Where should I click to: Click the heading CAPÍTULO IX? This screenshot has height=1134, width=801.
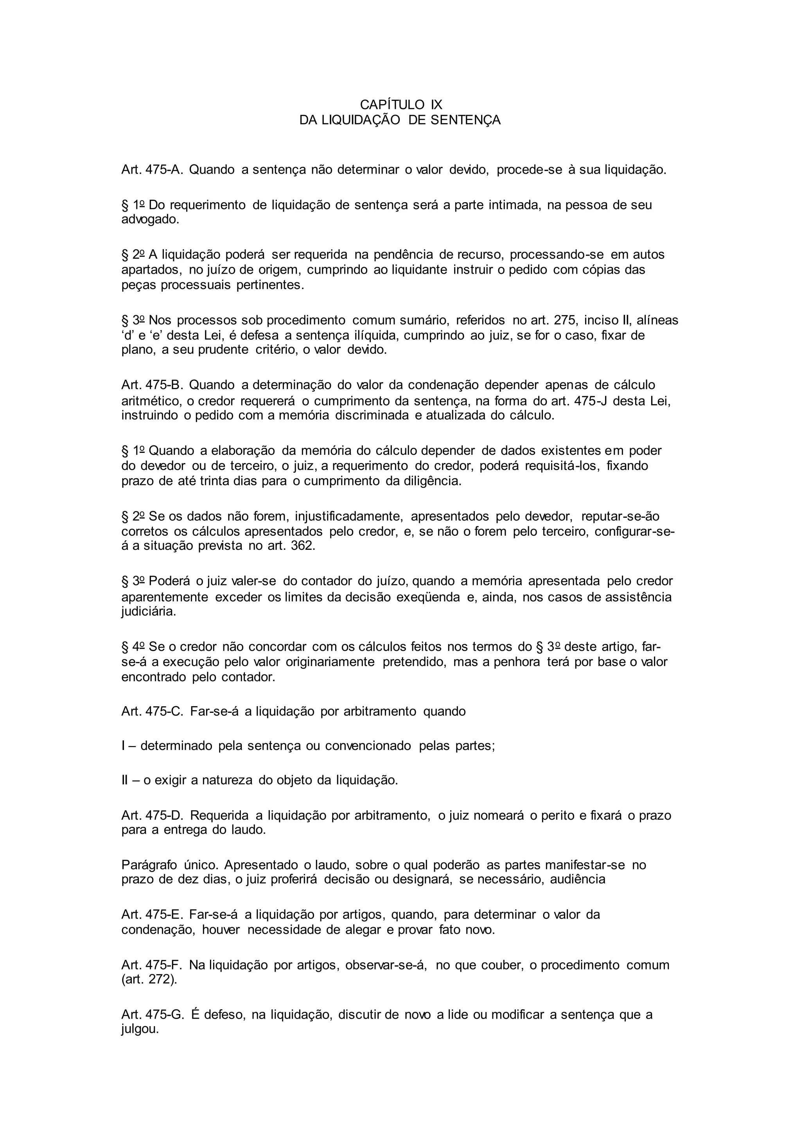tap(401, 105)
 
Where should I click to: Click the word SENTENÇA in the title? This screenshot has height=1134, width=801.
tap(465, 120)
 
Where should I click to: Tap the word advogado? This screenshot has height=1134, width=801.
tap(150, 219)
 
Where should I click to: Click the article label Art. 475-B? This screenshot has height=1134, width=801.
tap(152, 384)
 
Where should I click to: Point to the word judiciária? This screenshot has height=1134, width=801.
tap(148, 612)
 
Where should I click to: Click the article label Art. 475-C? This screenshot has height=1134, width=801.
tap(152, 711)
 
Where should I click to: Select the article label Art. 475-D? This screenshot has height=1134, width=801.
tap(152, 815)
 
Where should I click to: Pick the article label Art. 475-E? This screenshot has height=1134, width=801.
tap(152, 914)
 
